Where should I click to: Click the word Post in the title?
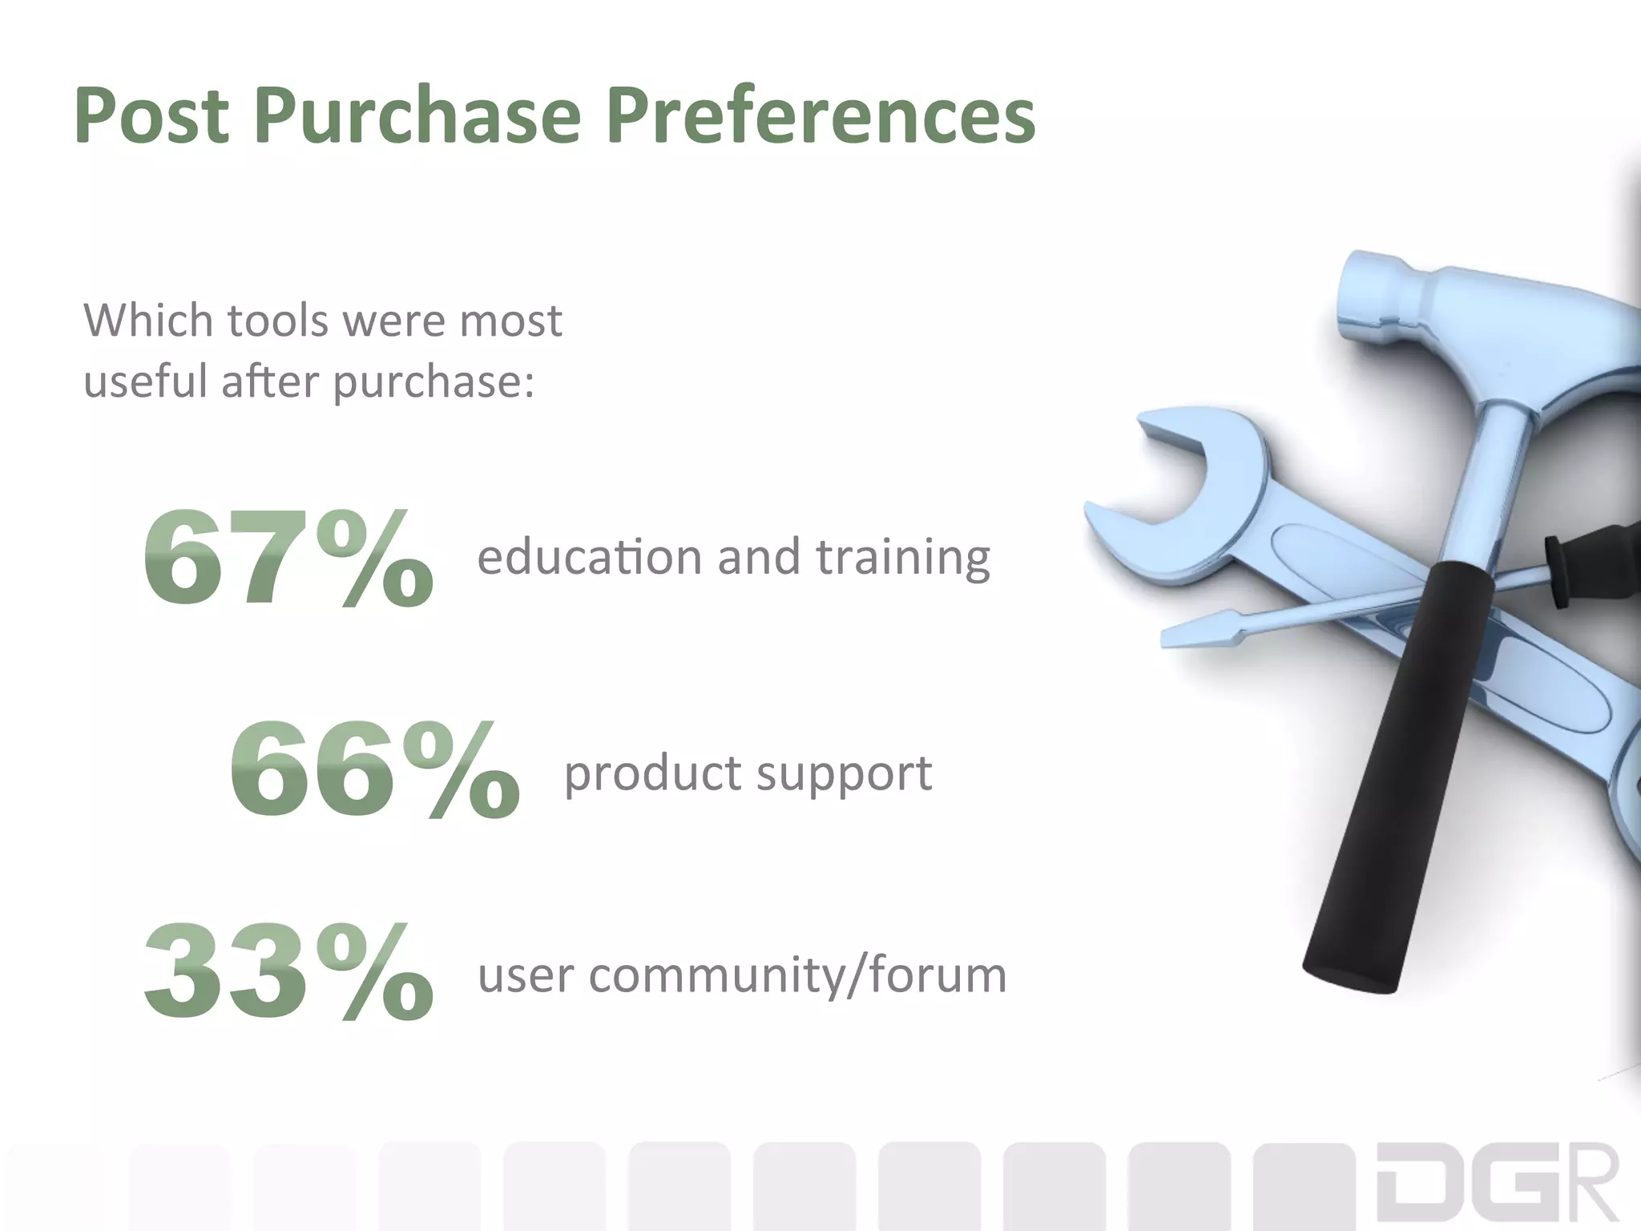[151, 117]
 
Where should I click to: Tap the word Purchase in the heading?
[417, 117]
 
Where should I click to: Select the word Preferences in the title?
[820, 117]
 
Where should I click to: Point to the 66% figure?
[374, 770]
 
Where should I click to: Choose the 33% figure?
[288, 972]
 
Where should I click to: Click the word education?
[589, 558]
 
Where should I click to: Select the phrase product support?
[748, 774]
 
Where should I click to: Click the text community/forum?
[797, 976]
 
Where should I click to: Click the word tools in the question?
[278, 321]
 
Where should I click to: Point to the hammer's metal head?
[1482, 321]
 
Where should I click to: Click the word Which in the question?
[149, 321]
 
